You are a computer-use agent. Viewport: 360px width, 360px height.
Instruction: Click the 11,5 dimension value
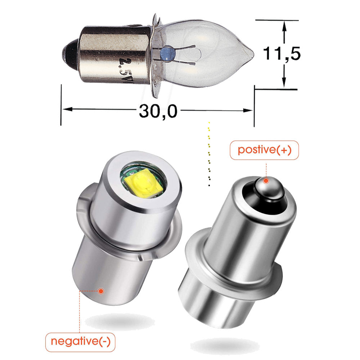(x=282, y=53)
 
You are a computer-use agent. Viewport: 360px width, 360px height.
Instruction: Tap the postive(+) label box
(x=264, y=150)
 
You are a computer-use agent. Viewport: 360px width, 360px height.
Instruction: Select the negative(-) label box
(x=81, y=341)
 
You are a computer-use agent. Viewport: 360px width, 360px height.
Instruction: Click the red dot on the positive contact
(x=266, y=181)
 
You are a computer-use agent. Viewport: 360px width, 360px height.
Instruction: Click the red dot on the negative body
(x=101, y=290)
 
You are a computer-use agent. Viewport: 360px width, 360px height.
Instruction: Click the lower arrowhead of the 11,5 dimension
(x=284, y=82)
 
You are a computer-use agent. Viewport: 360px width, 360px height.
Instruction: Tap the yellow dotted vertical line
(x=209, y=155)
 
